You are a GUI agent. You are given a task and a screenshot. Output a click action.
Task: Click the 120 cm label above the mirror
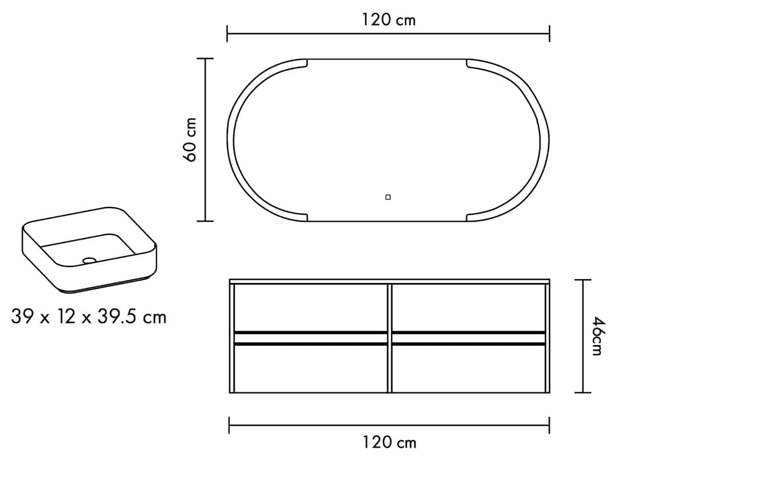click(389, 20)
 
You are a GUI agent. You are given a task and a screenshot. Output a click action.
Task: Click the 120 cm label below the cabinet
click(389, 442)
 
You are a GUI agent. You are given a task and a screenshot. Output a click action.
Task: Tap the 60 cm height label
click(190, 140)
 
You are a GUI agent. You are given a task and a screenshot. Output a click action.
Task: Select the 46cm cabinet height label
click(598, 336)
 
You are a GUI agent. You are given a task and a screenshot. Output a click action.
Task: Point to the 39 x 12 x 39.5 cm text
click(89, 316)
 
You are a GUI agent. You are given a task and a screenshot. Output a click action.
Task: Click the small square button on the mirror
click(388, 197)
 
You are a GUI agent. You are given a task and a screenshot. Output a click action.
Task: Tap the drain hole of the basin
click(89, 261)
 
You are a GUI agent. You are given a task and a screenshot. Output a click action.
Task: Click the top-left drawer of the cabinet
click(311, 308)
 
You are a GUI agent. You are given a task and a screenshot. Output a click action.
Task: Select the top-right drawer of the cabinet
click(468, 308)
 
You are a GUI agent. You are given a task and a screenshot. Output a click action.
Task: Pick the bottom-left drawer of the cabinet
click(311, 368)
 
